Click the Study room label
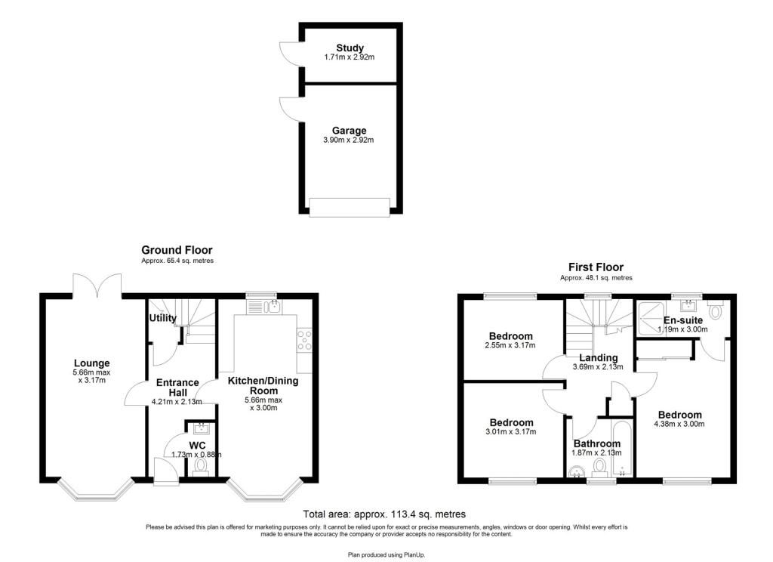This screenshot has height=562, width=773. click(x=350, y=48)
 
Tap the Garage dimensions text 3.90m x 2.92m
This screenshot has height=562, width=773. click(x=348, y=140)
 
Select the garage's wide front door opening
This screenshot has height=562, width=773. click(x=350, y=207)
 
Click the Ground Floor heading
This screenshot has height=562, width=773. click(x=177, y=250)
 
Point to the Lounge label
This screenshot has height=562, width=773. click(x=91, y=363)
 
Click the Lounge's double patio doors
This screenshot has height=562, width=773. click(x=97, y=286)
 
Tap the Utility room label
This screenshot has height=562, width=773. click(x=163, y=318)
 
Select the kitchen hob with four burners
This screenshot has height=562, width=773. click(x=304, y=340)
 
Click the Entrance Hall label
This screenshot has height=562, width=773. click(x=177, y=388)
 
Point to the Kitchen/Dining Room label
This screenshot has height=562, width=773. click(x=263, y=385)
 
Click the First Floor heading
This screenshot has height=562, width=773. click(x=596, y=267)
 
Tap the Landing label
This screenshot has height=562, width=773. click(x=598, y=358)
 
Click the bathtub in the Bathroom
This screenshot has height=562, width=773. click(x=622, y=449)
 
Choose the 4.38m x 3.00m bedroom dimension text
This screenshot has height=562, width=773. click(x=679, y=424)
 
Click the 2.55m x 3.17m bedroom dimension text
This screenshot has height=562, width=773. click(x=510, y=345)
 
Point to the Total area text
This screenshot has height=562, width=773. click(x=384, y=514)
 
